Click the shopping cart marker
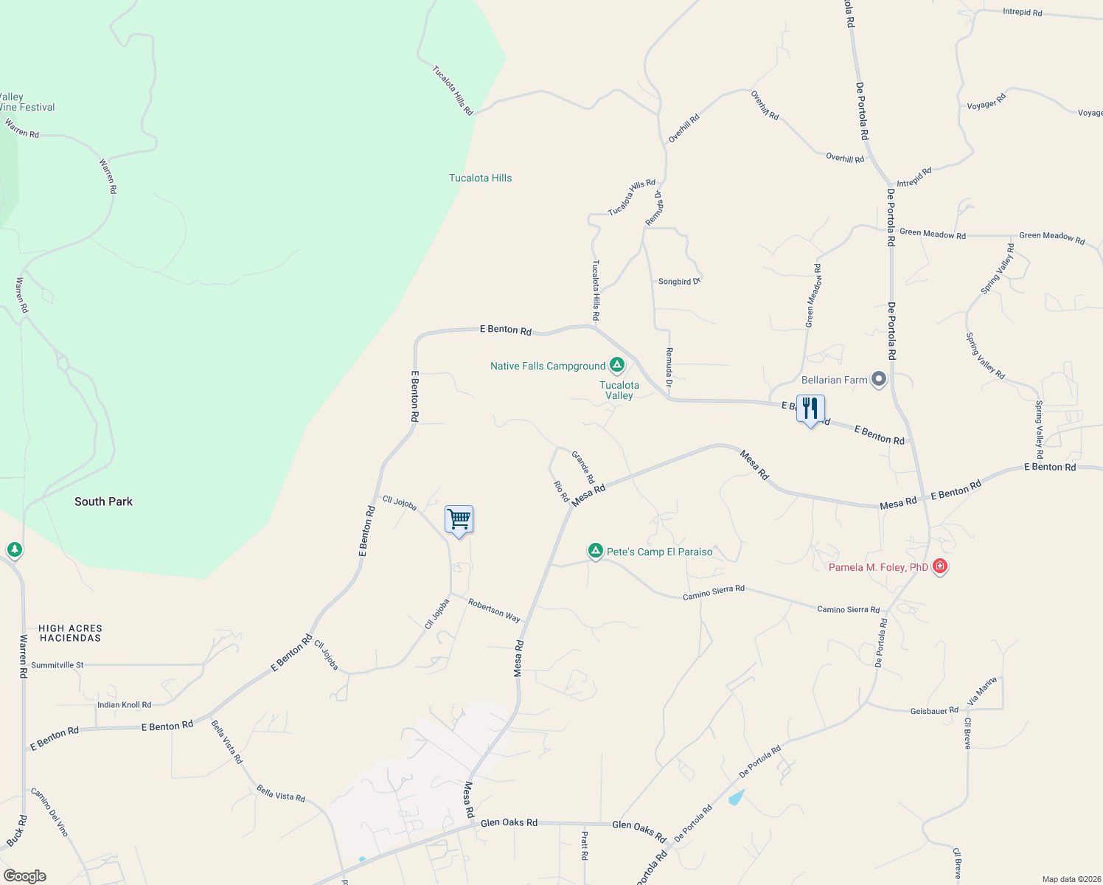point(459,520)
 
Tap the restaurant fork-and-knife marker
point(810,409)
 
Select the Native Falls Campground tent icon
point(617,365)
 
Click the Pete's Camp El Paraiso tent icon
point(595,551)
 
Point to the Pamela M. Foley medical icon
point(939,566)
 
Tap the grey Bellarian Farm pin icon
point(878,380)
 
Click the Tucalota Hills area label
point(480,178)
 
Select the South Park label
point(103,502)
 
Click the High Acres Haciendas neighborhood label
point(71,633)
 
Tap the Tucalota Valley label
point(619,390)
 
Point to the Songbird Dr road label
point(679,282)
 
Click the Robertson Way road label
point(494,610)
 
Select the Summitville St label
point(58,665)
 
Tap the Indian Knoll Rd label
point(124,705)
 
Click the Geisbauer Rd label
point(934,711)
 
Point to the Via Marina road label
point(982,691)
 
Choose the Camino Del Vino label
point(49,812)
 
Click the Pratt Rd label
point(585,846)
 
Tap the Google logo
point(25,876)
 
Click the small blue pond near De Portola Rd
point(737,797)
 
